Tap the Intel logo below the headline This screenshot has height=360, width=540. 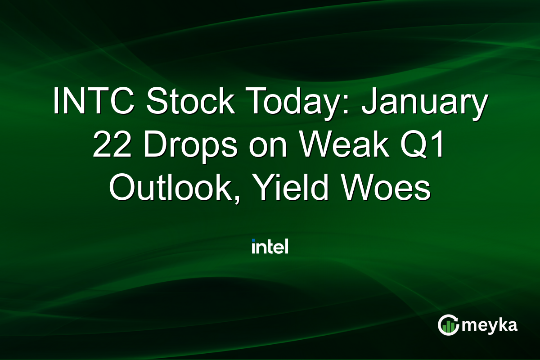click(270, 247)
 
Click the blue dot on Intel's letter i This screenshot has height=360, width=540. click(254, 241)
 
